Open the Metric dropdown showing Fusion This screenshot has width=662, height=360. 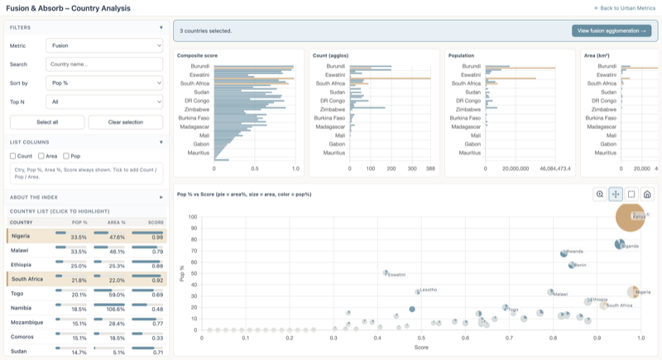pyautogui.click(x=103, y=46)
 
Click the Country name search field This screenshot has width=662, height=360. pyautogui.click(x=103, y=65)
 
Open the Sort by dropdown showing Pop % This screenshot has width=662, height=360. pyautogui.click(x=103, y=84)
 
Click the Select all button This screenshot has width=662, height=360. pyautogui.click(x=46, y=122)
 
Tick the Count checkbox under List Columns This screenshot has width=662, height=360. pyautogui.click(x=13, y=156)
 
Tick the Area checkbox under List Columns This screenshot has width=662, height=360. pyautogui.click(x=39, y=156)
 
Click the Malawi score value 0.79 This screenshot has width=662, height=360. pyautogui.click(x=156, y=251)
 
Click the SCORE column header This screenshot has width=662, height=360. pyautogui.click(x=155, y=223)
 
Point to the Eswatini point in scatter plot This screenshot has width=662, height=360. pyautogui.click(x=386, y=272)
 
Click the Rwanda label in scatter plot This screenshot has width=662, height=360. pyautogui.click(x=575, y=252)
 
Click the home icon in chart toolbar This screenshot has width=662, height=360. pyautogui.click(x=647, y=194)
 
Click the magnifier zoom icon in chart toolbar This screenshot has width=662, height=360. pyautogui.click(x=600, y=194)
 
